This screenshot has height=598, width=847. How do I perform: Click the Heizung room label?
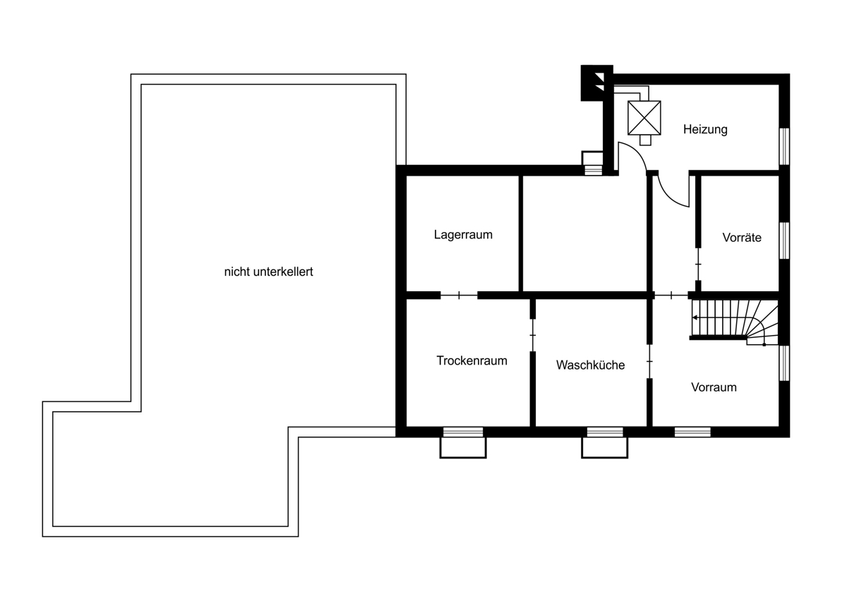tap(705, 130)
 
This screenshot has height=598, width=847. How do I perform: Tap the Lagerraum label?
tap(463, 235)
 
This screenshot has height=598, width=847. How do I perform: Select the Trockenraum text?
tap(472, 360)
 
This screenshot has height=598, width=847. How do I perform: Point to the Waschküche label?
tap(590, 365)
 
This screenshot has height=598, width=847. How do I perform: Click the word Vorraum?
tap(714, 387)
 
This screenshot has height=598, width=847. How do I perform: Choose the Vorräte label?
tap(742, 238)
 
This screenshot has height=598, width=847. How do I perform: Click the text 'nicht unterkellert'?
tap(268, 271)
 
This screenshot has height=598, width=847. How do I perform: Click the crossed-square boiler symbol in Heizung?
tap(644, 118)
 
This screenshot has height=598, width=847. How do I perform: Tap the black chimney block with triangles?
tap(596, 83)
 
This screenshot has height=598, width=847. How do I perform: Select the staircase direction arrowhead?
tap(695, 318)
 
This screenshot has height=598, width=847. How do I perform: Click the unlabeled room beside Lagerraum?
tap(585, 233)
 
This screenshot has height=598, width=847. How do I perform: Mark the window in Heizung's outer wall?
tap(785, 147)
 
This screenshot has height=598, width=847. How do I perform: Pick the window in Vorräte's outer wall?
tap(785, 240)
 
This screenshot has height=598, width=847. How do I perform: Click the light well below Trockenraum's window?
tap(463, 448)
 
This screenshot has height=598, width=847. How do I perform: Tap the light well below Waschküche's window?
tap(605, 448)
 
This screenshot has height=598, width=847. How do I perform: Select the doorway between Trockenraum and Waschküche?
tap(533, 336)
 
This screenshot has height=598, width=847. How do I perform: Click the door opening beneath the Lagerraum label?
tap(459, 295)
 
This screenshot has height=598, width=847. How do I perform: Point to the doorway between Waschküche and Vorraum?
tap(649, 362)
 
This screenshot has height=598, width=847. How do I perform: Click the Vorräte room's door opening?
tap(698, 264)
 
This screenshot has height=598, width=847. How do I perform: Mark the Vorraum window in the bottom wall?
tap(692, 432)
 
